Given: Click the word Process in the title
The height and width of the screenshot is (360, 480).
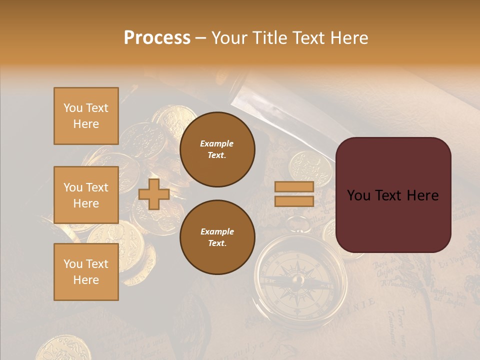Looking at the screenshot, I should [157, 38].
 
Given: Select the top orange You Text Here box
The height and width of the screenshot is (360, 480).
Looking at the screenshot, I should [86, 116].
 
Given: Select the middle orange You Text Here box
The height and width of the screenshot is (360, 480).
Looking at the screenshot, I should [86, 195].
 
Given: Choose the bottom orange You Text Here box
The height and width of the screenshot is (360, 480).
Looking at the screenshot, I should [86, 272].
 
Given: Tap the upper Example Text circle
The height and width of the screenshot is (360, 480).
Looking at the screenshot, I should [217, 149].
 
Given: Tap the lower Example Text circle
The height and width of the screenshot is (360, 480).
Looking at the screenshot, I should [217, 237].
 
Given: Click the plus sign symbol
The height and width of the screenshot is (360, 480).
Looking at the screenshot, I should [154, 194].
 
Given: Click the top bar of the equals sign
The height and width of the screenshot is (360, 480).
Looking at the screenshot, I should [294, 186].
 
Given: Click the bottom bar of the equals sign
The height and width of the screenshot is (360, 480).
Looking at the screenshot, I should [294, 201].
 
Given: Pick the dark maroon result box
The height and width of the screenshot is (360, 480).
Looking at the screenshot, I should [393, 195].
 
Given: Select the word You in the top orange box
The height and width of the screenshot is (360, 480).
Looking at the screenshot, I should [72, 108].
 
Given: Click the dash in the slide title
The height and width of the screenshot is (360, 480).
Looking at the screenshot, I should [200, 38].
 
